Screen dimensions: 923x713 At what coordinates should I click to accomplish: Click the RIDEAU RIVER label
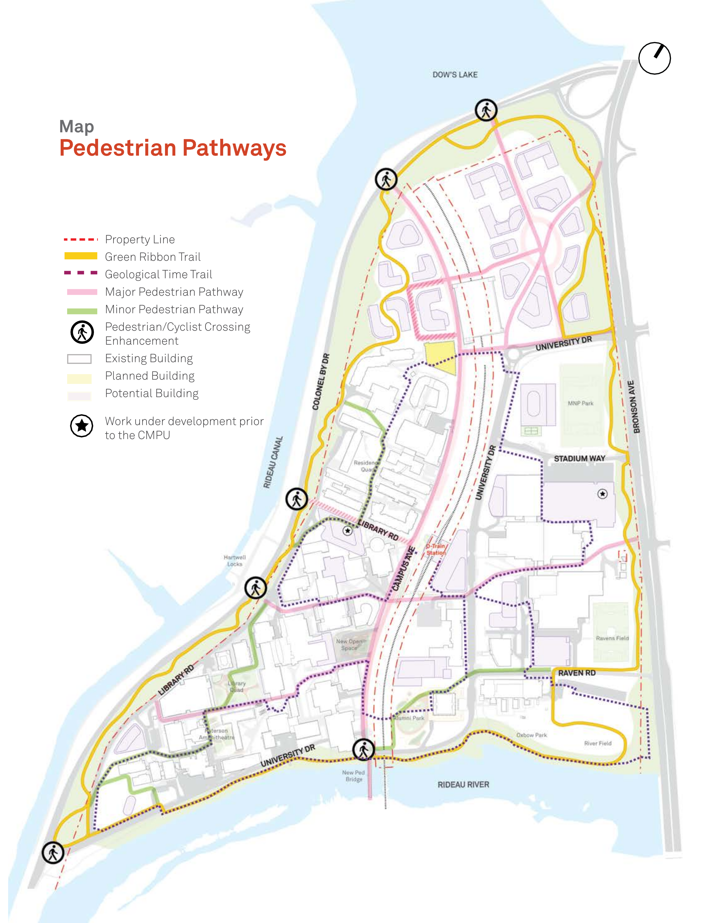pos(463,784)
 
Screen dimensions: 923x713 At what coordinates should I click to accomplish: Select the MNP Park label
pos(580,403)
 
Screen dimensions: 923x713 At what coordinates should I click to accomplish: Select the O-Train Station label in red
pos(436,549)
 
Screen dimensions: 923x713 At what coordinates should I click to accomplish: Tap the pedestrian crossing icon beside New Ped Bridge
pos(363,749)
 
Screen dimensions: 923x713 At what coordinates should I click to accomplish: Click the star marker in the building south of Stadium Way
pos(602,494)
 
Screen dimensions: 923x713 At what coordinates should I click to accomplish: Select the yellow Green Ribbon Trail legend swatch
pos(81,256)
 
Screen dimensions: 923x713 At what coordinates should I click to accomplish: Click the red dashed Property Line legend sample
pos(81,239)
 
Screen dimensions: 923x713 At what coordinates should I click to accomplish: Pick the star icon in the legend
pos(82,426)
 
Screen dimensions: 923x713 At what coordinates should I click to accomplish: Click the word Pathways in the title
pos(234,148)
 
